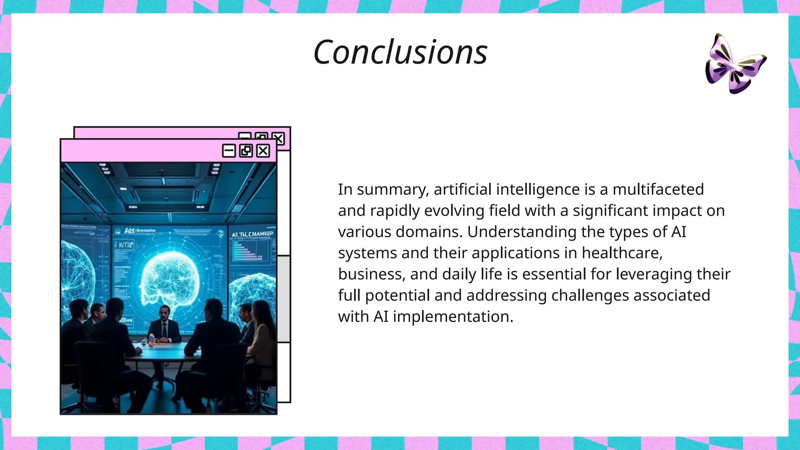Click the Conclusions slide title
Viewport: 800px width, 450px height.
pyautogui.click(x=400, y=52)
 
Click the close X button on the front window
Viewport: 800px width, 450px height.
pyautogui.click(x=263, y=151)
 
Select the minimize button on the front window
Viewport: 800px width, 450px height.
pyautogui.click(x=229, y=151)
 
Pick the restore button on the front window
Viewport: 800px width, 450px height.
pyautogui.click(x=246, y=151)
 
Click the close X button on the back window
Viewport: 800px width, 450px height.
pyautogui.click(x=279, y=137)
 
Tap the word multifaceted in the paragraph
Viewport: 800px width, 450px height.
pyautogui.click(x=658, y=189)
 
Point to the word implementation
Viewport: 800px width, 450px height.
pyautogui.click(x=453, y=316)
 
